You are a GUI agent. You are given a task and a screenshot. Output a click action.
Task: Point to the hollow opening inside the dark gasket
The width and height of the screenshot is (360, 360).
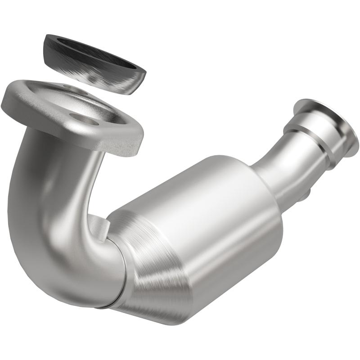[97, 53]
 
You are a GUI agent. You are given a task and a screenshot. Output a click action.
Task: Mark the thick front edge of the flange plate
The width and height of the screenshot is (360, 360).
[76, 135]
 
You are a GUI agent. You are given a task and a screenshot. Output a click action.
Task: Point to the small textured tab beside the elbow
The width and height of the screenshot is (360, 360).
[99, 225]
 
